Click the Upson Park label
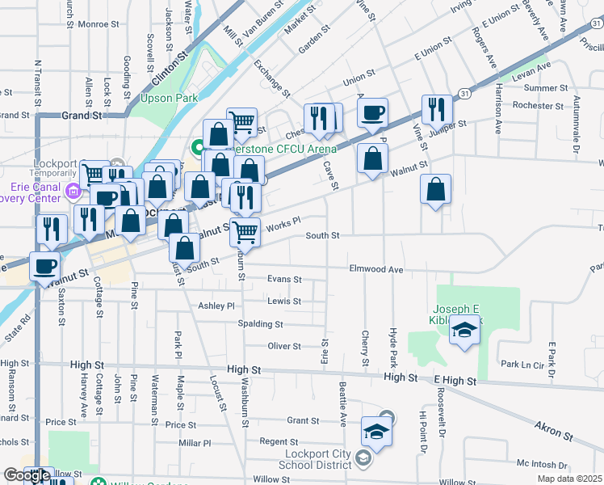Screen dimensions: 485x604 point(169,99)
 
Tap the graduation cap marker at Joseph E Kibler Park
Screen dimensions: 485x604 point(464,331)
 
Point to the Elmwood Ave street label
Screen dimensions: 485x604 point(375,269)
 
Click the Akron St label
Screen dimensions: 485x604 point(554,429)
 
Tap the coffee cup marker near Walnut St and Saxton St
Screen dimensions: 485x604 point(45,266)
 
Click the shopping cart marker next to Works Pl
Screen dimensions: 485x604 point(245,232)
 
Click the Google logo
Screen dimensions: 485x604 point(27,476)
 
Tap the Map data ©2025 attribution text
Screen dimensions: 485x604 point(569,479)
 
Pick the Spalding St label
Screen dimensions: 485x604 point(260,324)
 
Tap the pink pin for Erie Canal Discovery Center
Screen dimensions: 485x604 point(73,192)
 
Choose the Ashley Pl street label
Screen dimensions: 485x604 point(216,306)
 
